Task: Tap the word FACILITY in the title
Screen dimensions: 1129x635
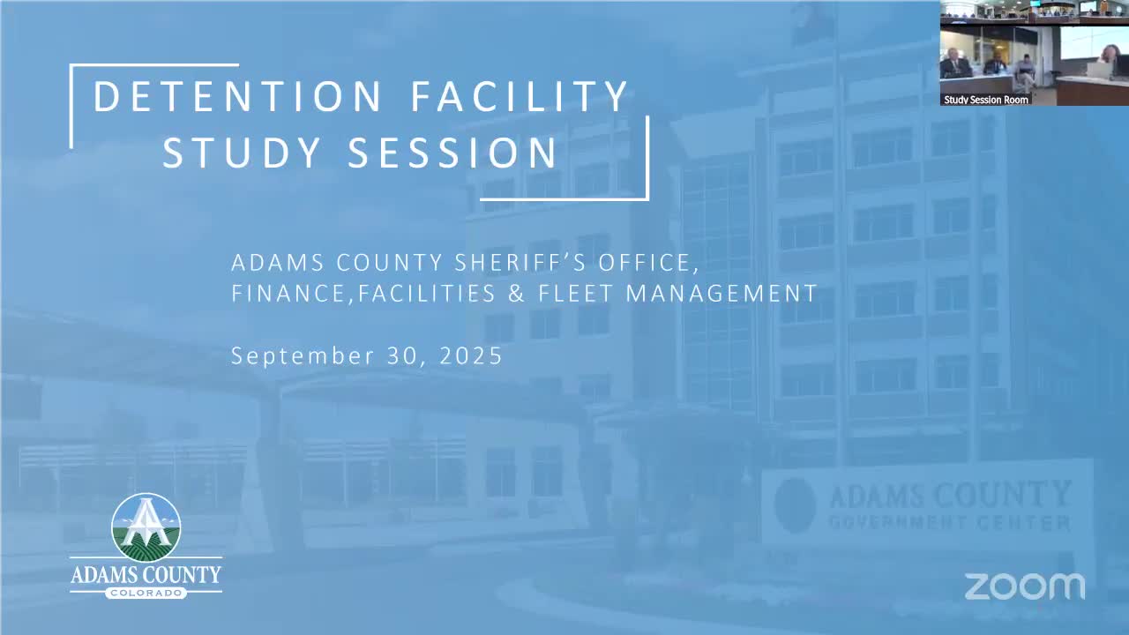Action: click(520, 96)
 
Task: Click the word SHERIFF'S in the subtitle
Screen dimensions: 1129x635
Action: click(521, 263)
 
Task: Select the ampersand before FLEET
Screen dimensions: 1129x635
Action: click(517, 294)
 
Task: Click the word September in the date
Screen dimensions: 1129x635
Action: click(303, 355)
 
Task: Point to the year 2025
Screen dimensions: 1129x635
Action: click(471, 355)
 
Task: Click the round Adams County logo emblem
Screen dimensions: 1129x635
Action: click(146, 527)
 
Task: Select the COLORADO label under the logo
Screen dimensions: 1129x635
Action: click(146, 593)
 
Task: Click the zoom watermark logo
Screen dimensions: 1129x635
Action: click(1025, 586)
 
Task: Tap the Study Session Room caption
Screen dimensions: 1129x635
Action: click(986, 100)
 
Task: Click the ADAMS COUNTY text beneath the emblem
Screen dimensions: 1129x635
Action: click(146, 574)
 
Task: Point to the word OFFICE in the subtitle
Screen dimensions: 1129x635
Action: click(648, 263)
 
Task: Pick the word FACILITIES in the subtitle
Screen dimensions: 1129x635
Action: click(427, 294)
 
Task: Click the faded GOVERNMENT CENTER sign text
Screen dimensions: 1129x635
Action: click(950, 522)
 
